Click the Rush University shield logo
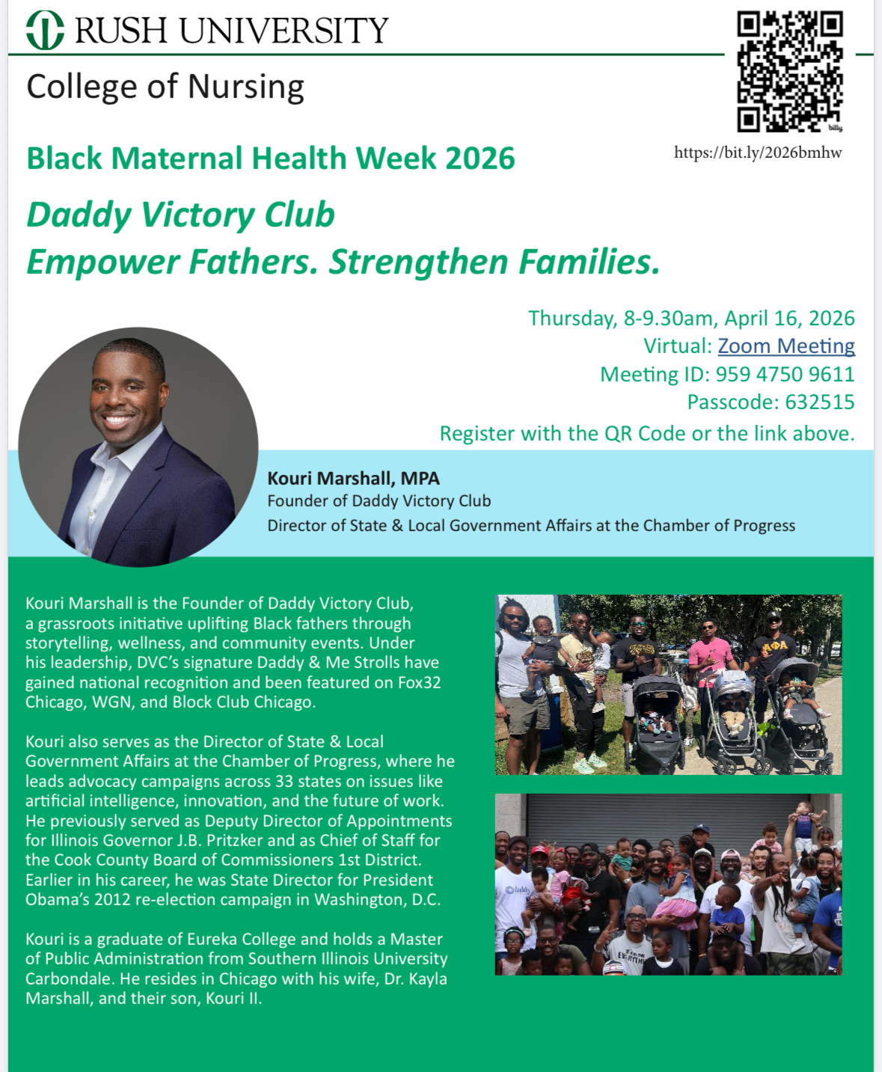[x=45, y=30]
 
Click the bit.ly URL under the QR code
[x=758, y=153]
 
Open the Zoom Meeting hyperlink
[x=785, y=346]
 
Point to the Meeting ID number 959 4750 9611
[x=785, y=374]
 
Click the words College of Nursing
[x=165, y=87]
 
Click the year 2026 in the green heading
[x=480, y=159]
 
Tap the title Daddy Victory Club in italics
[x=180, y=215]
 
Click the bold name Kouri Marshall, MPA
[x=353, y=478]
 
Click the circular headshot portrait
[x=138, y=447]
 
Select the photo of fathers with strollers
[x=668, y=684]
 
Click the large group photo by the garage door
[x=668, y=884]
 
